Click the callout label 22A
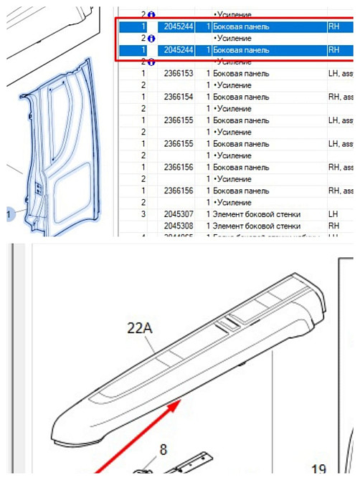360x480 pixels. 141,328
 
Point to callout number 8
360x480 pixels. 163,450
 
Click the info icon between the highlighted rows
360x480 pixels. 151,38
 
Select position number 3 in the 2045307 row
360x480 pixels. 143,214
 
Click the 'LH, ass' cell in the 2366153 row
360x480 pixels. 341,73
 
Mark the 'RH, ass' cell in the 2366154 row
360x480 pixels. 341,97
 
